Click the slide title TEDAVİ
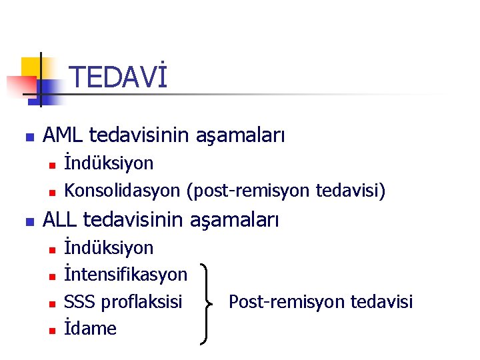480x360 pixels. coord(117,77)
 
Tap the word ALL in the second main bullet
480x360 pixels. coord(61,219)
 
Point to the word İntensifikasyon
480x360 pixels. coord(125,275)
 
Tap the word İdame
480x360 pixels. coord(90,328)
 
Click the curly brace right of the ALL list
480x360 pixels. coord(208,302)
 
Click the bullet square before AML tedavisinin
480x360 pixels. coord(27,138)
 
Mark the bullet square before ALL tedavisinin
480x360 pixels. coord(27,221)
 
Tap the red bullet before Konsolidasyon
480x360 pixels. coord(51,192)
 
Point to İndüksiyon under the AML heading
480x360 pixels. coord(109,163)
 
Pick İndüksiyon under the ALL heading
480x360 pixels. coord(109,248)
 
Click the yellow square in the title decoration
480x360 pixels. coord(31,67)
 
